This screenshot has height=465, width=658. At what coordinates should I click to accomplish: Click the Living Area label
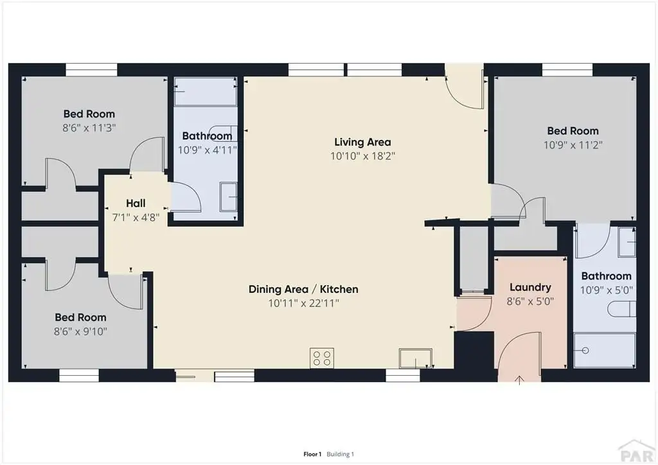click(x=362, y=142)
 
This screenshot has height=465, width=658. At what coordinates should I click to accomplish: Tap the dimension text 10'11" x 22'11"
click(x=304, y=303)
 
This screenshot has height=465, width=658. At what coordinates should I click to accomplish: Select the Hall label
click(x=136, y=204)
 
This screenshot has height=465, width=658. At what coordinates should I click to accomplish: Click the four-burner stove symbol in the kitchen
click(x=322, y=358)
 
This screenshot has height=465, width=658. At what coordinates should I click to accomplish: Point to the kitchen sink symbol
click(x=416, y=358)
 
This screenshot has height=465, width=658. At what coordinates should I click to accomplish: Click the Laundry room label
click(x=530, y=287)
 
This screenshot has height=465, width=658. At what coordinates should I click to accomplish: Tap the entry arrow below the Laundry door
click(x=519, y=380)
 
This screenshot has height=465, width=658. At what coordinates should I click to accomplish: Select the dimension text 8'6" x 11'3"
click(x=89, y=128)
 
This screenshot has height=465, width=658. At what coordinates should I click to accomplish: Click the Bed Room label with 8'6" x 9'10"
click(x=80, y=317)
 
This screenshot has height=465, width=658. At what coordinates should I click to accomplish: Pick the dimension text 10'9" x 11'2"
click(x=573, y=145)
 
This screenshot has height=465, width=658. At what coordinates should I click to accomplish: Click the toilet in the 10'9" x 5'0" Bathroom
click(x=622, y=310)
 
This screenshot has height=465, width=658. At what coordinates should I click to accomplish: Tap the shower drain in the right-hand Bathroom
click(x=585, y=351)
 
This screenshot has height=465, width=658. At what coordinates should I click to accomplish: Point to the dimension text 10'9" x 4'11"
click(x=208, y=150)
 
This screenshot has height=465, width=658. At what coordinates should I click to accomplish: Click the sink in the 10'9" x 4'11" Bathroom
click(x=229, y=197)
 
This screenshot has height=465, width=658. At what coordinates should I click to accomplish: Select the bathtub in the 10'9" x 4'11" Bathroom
click(x=206, y=92)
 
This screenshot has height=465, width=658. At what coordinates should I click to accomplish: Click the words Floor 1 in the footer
click(x=312, y=454)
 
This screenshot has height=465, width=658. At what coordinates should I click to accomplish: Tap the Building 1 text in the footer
click(x=341, y=454)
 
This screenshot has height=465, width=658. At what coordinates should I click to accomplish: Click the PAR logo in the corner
click(x=637, y=451)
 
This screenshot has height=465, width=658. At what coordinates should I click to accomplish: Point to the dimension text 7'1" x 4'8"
click(x=136, y=217)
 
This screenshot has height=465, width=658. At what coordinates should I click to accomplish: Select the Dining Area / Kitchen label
click(x=303, y=289)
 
